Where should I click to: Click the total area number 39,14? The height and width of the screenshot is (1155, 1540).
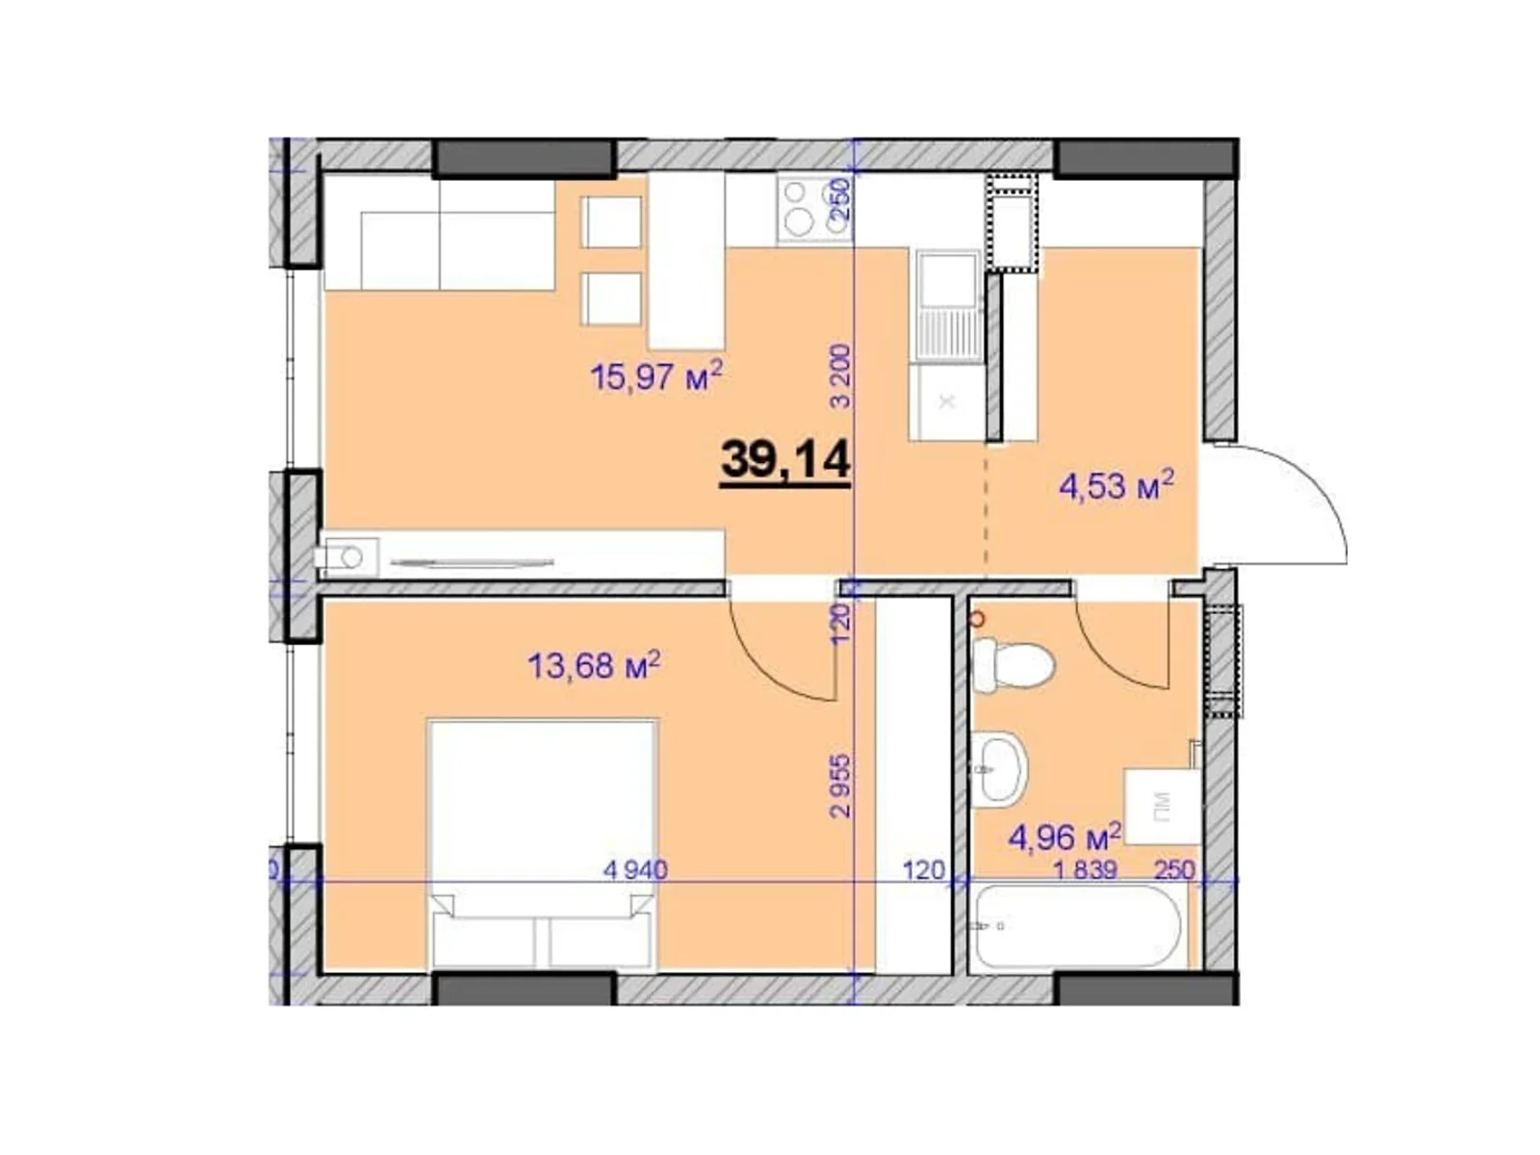pos(784,459)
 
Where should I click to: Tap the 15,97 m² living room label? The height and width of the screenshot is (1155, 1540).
pos(655,375)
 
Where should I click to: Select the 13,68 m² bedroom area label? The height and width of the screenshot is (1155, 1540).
pos(593,664)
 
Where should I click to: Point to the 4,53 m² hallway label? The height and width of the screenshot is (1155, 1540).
pos(1116,485)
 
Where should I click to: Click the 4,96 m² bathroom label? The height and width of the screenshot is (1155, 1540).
pos(1064,835)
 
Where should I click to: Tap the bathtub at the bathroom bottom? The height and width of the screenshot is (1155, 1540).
pos(1078,926)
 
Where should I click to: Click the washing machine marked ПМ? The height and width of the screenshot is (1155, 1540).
pos(1162,805)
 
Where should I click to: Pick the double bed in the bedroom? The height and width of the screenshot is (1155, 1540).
pos(542,842)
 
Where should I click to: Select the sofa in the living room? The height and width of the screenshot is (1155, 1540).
pos(440,236)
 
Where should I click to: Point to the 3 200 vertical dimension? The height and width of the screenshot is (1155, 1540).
pos(841,375)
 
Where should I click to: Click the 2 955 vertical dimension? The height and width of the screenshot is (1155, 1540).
pos(841,784)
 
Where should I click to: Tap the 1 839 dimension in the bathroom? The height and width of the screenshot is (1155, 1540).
pos(1085,870)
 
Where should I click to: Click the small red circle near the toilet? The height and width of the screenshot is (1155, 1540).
pos(978,619)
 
